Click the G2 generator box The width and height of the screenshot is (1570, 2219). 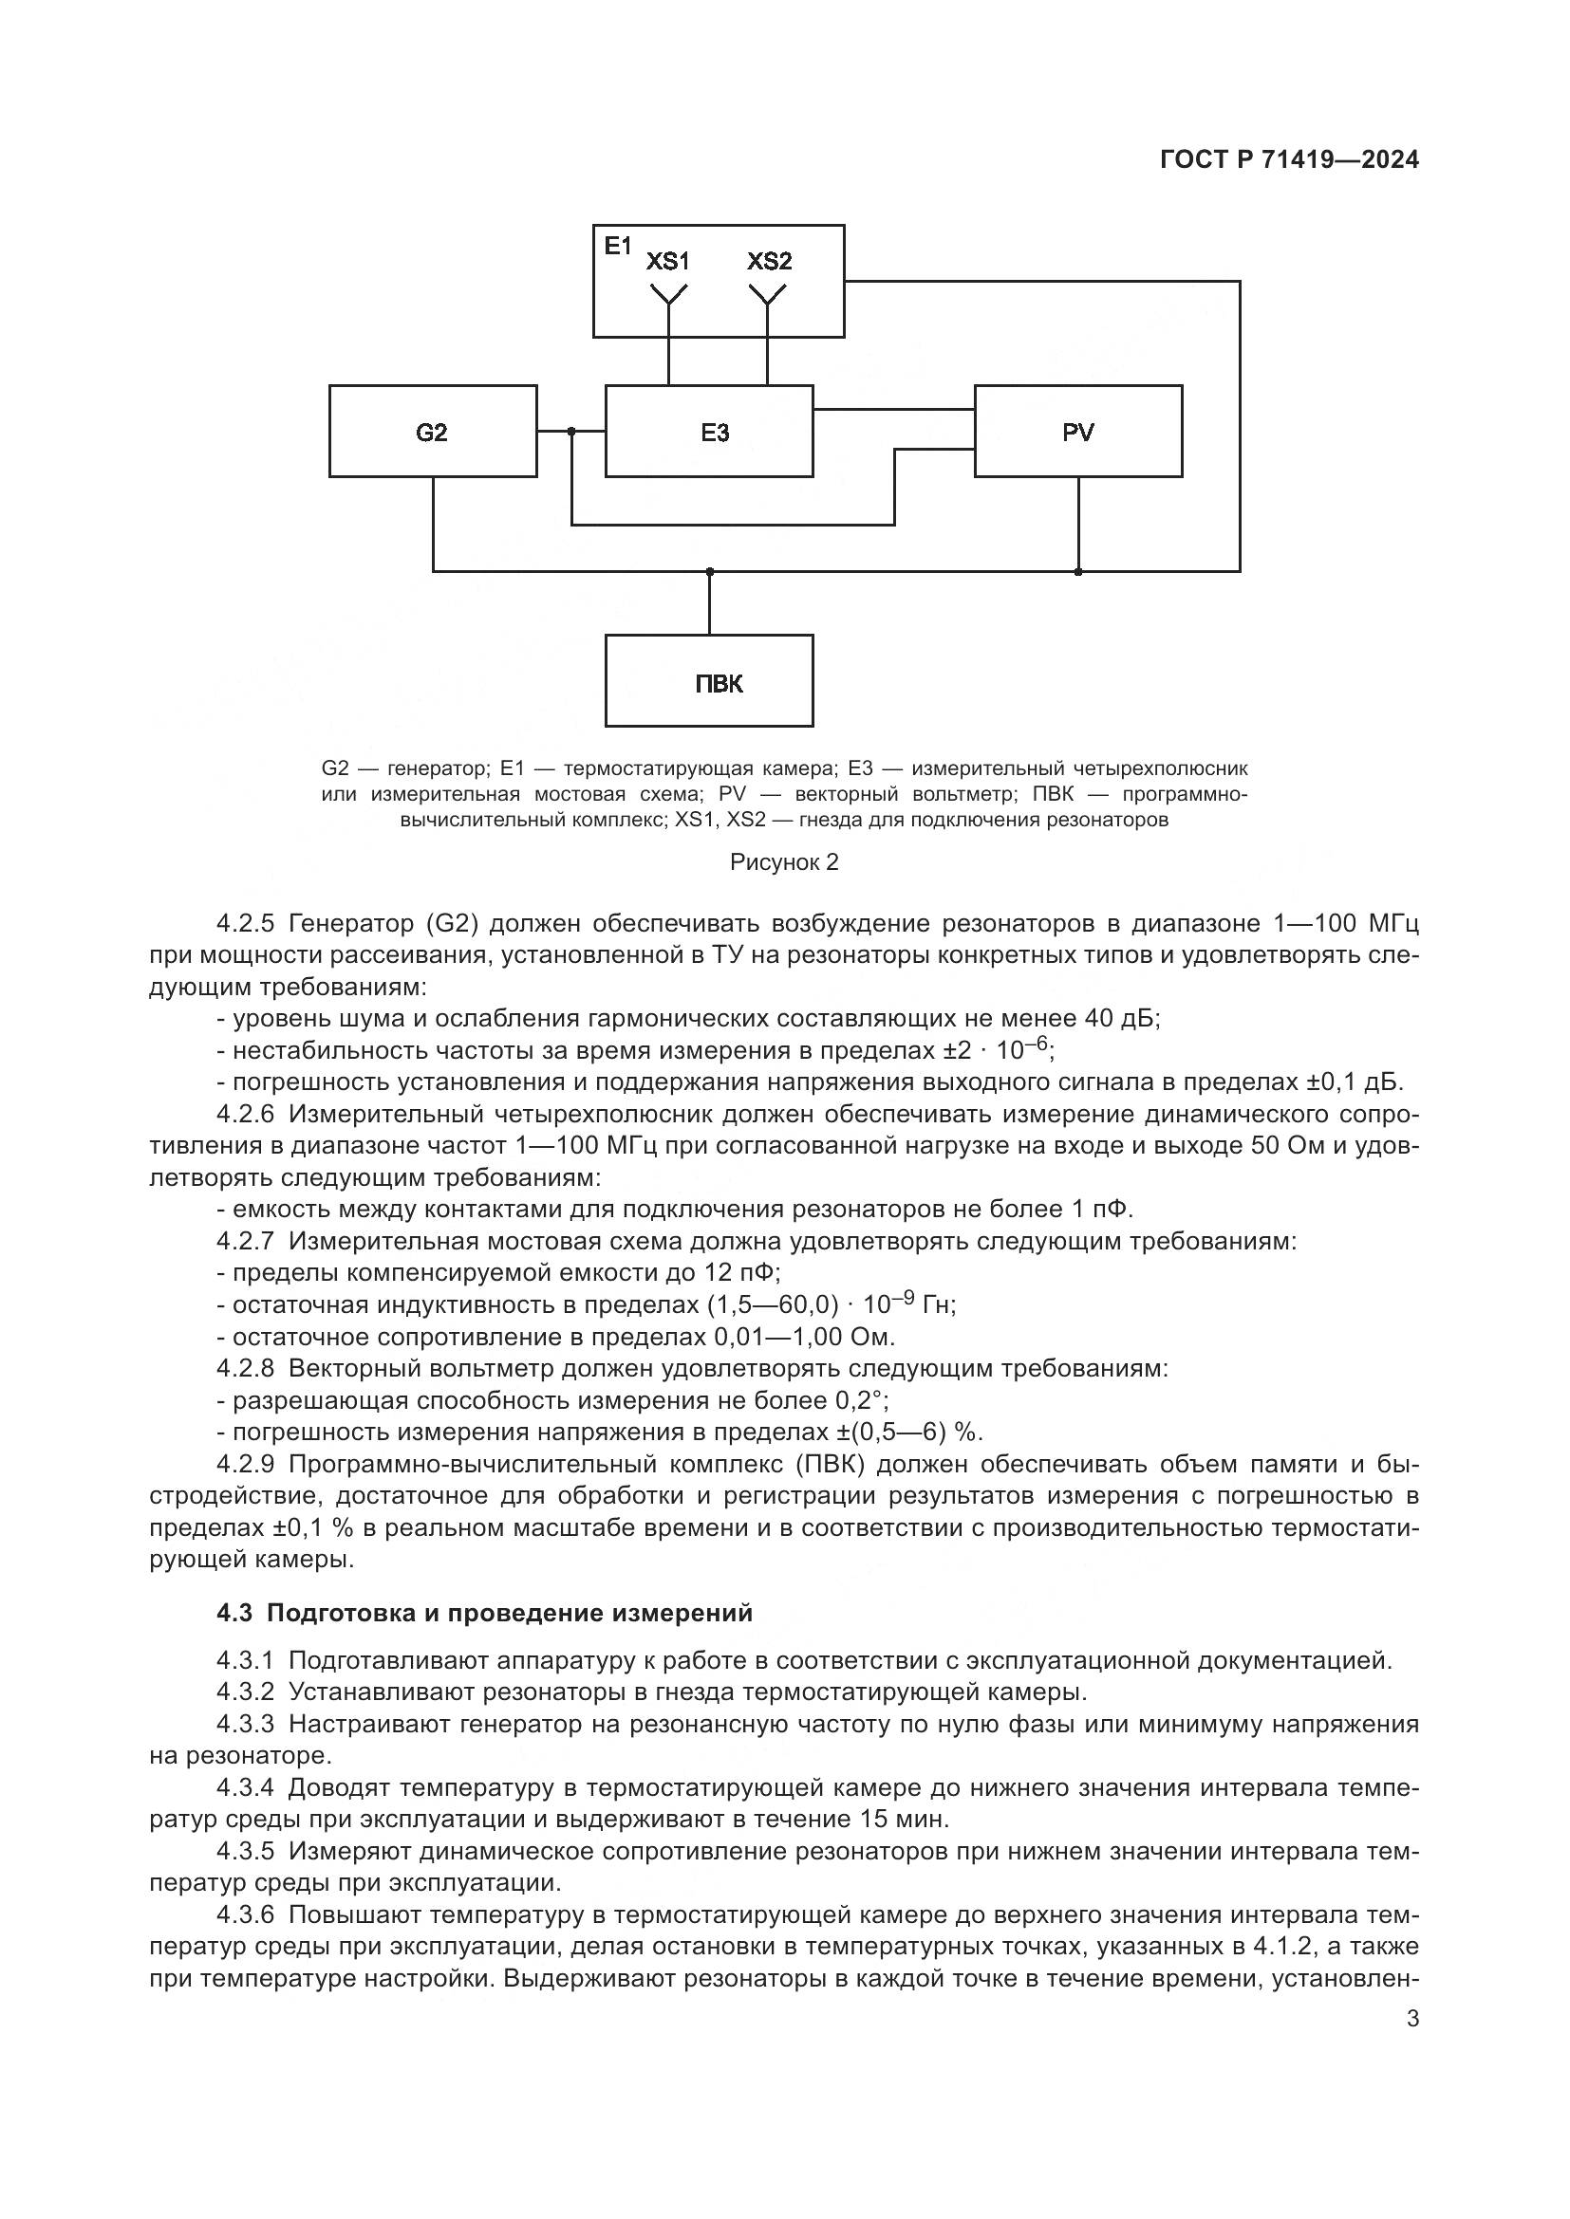432,431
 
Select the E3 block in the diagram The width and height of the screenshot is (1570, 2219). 709,431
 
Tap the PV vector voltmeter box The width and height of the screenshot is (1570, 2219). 1078,431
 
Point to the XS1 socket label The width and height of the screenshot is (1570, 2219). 668,261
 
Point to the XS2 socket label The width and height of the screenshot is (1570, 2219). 769,261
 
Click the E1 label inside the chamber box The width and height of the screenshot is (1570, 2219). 617,246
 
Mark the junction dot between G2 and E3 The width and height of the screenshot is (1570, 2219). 571,431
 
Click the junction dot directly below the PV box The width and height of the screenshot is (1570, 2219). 1078,571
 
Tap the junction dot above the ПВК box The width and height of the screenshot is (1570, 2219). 710,571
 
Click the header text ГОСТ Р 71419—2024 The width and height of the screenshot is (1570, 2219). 1289,160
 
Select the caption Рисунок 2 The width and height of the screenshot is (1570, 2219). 784,862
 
